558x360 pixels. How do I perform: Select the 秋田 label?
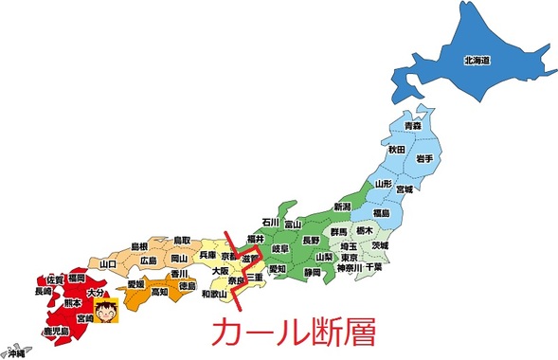click(x=395, y=149)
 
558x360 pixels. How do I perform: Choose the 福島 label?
click(x=381, y=213)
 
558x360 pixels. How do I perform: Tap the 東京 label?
click(x=350, y=257)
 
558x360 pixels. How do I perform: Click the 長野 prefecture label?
click(x=311, y=241)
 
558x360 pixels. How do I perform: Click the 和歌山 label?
click(x=216, y=294)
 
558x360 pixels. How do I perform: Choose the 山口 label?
click(x=107, y=264)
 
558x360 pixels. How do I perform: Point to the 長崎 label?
click(x=44, y=293)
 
